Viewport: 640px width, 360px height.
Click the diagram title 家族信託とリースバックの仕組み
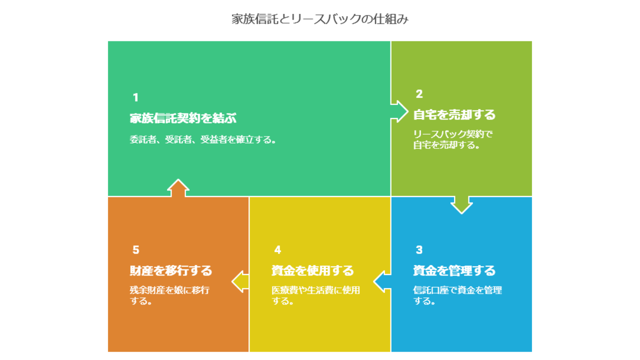pyautogui.click(x=320, y=19)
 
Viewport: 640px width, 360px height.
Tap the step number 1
pyautogui.click(x=135, y=97)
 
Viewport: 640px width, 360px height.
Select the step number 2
pyautogui.click(x=419, y=94)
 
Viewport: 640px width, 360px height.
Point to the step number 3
pyautogui.click(x=419, y=250)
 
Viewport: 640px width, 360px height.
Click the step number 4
pyautogui.click(x=277, y=250)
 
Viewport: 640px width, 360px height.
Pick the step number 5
pyautogui.click(x=136, y=250)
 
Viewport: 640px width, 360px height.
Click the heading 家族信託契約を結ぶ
pyautogui.click(x=183, y=118)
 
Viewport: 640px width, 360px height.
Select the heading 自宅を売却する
pyautogui.click(x=454, y=114)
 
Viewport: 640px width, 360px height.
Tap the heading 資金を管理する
pyautogui.click(x=454, y=270)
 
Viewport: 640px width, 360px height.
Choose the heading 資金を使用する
pyautogui.click(x=312, y=270)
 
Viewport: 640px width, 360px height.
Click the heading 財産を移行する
pyautogui.click(x=171, y=270)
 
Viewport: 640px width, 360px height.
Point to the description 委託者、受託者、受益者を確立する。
pyautogui.click(x=203, y=139)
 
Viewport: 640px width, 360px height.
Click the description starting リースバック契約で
pyautogui.click(x=453, y=139)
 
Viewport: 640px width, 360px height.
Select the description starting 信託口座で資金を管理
pyautogui.click(x=457, y=295)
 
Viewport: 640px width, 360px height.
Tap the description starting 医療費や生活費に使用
pyautogui.click(x=315, y=295)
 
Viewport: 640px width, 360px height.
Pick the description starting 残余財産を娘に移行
pyautogui.click(x=169, y=295)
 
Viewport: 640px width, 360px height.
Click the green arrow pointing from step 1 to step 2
pyautogui.click(x=399, y=111)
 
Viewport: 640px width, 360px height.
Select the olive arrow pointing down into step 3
pyautogui.click(x=461, y=205)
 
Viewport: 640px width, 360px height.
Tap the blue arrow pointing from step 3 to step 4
pyautogui.click(x=382, y=281)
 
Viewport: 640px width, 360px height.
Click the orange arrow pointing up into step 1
pyautogui.click(x=178, y=188)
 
